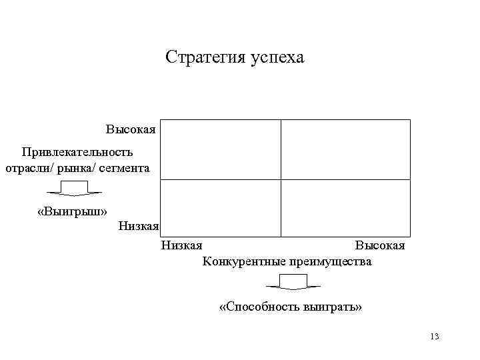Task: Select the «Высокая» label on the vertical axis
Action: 131,128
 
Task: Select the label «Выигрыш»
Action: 73,212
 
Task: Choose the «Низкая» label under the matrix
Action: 182,246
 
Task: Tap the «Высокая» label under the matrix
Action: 379,246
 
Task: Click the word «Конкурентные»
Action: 243,261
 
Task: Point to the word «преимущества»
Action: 330,261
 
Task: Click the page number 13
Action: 435,336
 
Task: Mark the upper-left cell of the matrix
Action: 221,149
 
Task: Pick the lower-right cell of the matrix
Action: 345,208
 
